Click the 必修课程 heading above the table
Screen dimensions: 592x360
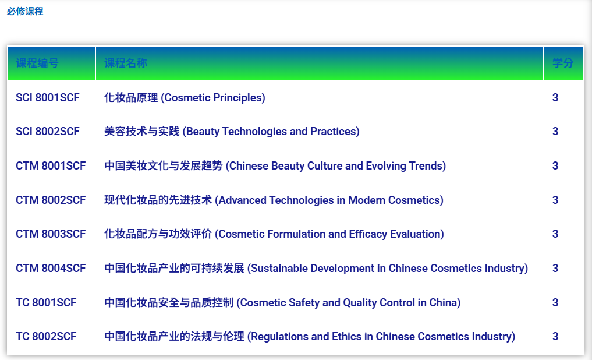point(25,11)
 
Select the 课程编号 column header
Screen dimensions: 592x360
point(37,63)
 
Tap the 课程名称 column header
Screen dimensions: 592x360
point(125,63)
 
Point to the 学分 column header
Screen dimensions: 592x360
point(563,63)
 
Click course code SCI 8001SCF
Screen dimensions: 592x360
point(48,97)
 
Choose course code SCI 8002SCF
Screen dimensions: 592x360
point(48,132)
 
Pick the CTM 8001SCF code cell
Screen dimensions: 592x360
point(51,166)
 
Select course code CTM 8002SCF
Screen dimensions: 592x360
point(51,200)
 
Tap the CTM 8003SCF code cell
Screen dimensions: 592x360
point(51,234)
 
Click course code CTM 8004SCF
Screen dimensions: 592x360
point(51,268)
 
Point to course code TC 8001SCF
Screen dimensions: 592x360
point(46,302)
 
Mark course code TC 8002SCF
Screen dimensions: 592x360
point(46,336)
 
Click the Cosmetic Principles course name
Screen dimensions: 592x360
point(185,98)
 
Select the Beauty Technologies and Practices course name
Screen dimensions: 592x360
point(232,132)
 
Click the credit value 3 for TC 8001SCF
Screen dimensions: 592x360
point(555,302)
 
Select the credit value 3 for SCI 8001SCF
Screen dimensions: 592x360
point(555,97)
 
